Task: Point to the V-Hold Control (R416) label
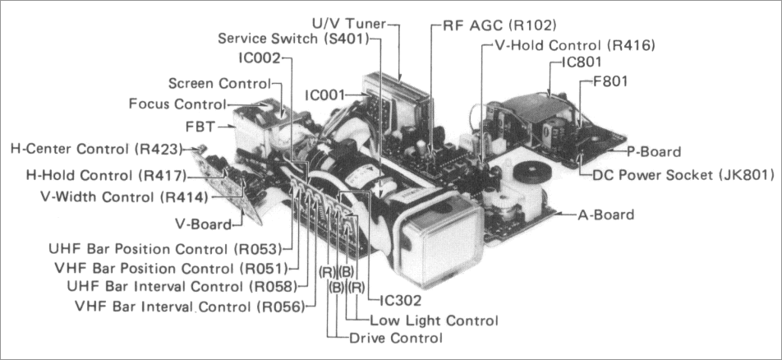click(x=575, y=45)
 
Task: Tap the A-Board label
click(x=605, y=215)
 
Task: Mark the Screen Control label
click(x=218, y=83)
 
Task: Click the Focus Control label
click(x=177, y=104)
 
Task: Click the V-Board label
click(x=205, y=224)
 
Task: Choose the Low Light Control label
click(x=434, y=321)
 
